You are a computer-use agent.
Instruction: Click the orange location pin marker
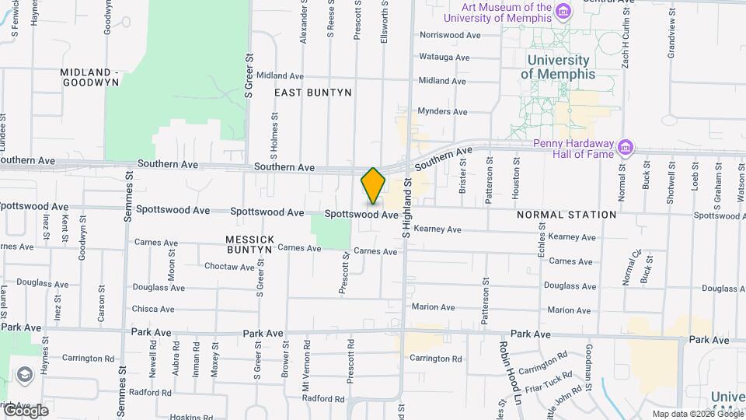coord(373,185)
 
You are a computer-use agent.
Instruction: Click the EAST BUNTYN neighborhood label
coord(313,93)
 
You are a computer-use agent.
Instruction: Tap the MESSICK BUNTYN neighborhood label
coord(249,244)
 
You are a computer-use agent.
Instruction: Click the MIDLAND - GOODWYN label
coord(90,76)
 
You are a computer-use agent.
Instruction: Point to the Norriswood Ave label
coord(450,35)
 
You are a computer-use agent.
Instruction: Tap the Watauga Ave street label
coord(444,57)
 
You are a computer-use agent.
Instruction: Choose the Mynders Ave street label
coord(443,111)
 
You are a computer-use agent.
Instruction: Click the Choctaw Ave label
coord(229,267)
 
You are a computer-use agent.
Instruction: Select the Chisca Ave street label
coord(153,309)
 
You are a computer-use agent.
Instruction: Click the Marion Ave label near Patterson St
coord(434,307)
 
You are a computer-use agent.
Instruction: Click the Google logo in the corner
coord(26,410)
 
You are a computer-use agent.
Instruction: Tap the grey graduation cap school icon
coord(24,375)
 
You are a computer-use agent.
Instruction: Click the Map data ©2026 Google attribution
coord(697,414)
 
